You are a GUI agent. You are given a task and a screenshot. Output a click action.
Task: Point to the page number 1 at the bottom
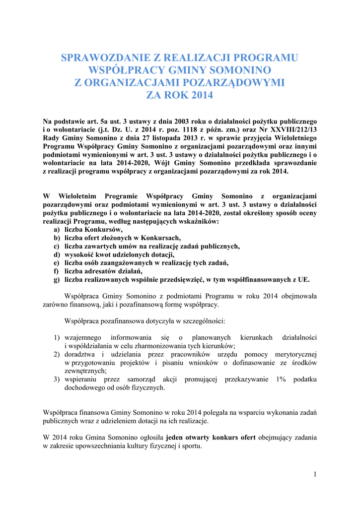[x=315, y=474]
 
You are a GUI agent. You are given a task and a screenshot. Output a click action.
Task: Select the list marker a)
[x=57, y=230]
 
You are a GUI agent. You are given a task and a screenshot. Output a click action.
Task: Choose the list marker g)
[x=57, y=280]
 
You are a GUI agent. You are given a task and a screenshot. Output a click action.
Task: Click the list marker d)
[x=57, y=254]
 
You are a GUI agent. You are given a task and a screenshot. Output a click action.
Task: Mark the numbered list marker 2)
[x=57, y=354]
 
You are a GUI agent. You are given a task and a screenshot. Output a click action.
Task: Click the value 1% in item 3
[x=280, y=380]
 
